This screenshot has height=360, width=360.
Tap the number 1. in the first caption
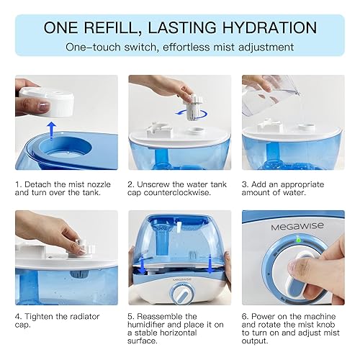click(x=19, y=184)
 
